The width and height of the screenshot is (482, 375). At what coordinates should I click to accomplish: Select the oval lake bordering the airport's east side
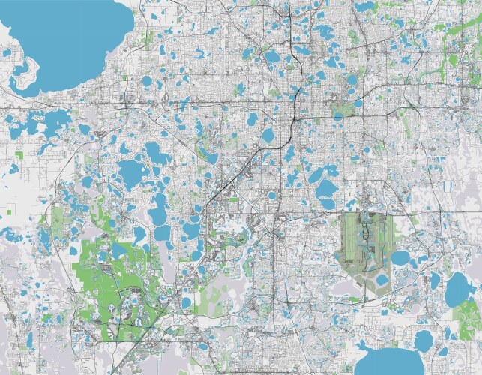click(x=400, y=258)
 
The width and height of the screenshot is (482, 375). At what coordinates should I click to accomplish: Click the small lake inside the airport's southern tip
click(x=382, y=280)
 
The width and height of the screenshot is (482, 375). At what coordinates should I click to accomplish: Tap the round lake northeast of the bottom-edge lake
click(x=424, y=339)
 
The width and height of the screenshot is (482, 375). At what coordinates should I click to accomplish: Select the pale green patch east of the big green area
click(x=217, y=289)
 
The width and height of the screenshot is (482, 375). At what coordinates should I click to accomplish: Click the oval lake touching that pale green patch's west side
click(x=187, y=302)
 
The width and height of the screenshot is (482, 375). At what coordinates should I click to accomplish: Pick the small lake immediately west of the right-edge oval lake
click(x=436, y=280)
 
